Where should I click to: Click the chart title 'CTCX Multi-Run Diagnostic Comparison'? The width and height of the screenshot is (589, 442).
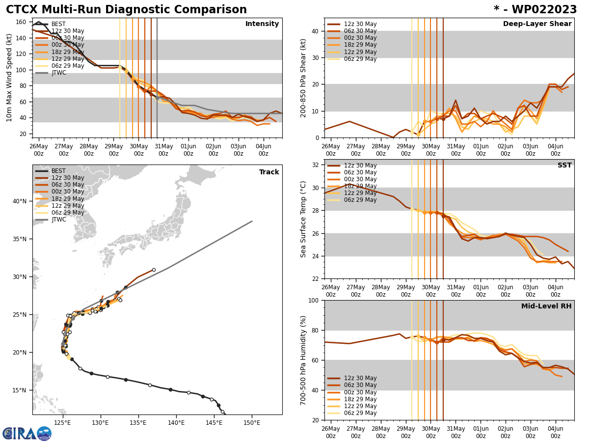[126, 10]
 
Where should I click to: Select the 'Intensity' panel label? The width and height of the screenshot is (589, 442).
[262, 24]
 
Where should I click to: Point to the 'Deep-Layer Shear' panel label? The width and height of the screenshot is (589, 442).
[537, 24]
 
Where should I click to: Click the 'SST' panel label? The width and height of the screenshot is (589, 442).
[564, 166]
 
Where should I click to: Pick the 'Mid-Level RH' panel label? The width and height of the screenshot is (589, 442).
[546, 306]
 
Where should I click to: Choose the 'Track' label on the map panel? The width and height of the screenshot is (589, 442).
[269, 172]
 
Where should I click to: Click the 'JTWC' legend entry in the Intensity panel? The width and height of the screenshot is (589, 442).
[58, 73]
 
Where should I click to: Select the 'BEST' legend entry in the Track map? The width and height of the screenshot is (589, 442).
[58, 171]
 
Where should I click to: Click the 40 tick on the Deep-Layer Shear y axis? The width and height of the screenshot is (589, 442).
[315, 31]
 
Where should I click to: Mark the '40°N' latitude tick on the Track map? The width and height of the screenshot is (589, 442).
[20, 201]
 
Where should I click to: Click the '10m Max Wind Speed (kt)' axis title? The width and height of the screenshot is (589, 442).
[9, 78]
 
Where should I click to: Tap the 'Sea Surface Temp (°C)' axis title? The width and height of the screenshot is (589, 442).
[304, 219]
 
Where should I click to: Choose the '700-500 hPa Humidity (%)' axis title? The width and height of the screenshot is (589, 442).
[304, 360]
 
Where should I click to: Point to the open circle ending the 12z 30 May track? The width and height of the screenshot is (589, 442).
[154, 270]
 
